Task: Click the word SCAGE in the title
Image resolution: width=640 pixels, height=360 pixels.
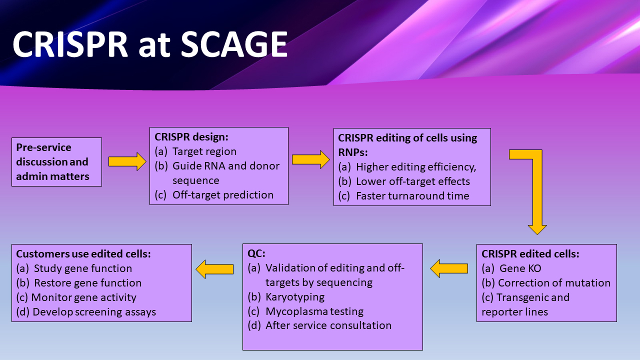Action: point(234,44)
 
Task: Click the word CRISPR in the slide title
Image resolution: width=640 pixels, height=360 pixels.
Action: point(70,44)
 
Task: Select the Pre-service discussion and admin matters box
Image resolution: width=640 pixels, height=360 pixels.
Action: point(56,162)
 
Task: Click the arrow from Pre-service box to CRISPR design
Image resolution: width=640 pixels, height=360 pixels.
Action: point(127,162)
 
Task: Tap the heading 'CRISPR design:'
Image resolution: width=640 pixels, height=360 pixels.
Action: point(191,137)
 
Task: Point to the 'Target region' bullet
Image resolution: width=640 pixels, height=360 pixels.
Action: point(204,151)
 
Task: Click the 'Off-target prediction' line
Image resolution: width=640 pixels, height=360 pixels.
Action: point(223,195)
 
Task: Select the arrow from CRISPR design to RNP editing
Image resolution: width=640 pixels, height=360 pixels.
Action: point(310,159)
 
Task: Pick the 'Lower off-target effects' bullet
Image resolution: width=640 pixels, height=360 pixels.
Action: point(412,181)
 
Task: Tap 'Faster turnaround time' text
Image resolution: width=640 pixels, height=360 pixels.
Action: point(412,196)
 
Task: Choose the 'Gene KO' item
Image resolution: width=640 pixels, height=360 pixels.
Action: point(520,268)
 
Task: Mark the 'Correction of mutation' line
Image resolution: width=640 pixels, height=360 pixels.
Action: point(554,283)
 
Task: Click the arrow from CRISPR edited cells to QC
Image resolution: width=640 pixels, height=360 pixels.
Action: point(449,268)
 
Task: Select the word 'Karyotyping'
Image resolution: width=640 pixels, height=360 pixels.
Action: point(295,297)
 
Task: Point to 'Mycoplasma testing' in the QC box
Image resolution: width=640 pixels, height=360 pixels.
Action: point(314,311)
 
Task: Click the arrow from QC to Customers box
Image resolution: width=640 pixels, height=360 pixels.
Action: point(214,269)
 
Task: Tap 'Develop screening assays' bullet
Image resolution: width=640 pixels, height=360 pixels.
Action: point(94,312)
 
